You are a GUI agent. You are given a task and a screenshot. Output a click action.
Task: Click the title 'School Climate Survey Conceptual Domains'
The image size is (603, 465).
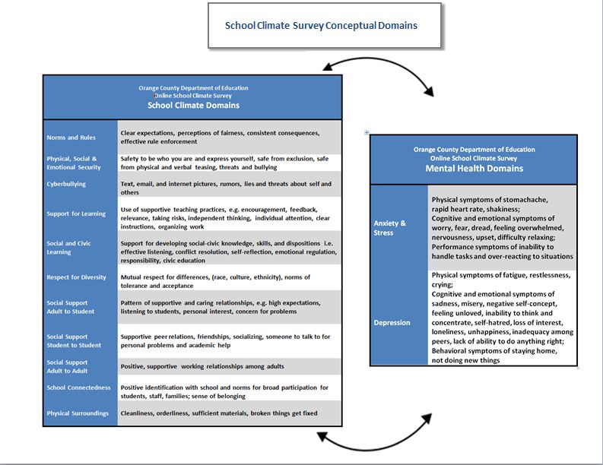pyautogui.click(x=321, y=25)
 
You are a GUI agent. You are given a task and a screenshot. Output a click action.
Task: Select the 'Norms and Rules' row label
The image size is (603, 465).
pyautogui.click(x=71, y=138)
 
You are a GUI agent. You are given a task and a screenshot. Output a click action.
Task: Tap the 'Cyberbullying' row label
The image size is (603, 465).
pyautogui.click(x=66, y=184)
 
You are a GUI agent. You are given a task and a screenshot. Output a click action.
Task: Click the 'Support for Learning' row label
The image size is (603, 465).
pyautogui.click(x=76, y=214)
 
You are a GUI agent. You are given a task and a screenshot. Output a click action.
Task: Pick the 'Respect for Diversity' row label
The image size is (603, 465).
pyautogui.click(x=77, y=277)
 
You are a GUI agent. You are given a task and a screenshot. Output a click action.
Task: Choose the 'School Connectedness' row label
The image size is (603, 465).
pyautogui.click(x=78, y=387)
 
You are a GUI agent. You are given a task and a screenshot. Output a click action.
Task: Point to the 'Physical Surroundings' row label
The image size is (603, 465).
pyautogui.click(x=78, y=413)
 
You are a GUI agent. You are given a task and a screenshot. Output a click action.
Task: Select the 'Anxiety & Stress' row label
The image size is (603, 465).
pyautogui.click(x=390, y=228)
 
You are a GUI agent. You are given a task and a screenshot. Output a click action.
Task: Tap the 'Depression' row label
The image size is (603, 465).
pyautogui.click(x=392, y=322)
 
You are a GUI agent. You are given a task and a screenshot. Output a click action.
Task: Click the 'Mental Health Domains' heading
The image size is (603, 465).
pyautogui.click(x=474, y=168)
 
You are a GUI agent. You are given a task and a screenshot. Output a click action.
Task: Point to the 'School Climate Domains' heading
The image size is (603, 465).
pyautogui.click(x=193, y=106)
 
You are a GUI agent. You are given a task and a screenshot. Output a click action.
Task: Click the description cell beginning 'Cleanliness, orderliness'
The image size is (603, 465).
pyautogui.click(x=219, y=413)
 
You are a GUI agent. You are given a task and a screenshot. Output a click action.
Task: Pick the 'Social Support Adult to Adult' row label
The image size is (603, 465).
pyautogui.click(x=67, y=366)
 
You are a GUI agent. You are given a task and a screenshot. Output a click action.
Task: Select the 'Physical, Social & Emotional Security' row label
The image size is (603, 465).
pyautogui.click(x=74, y=163)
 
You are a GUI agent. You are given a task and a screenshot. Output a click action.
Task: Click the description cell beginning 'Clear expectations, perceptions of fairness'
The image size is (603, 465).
pyautogui.click(x=220, y=137)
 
